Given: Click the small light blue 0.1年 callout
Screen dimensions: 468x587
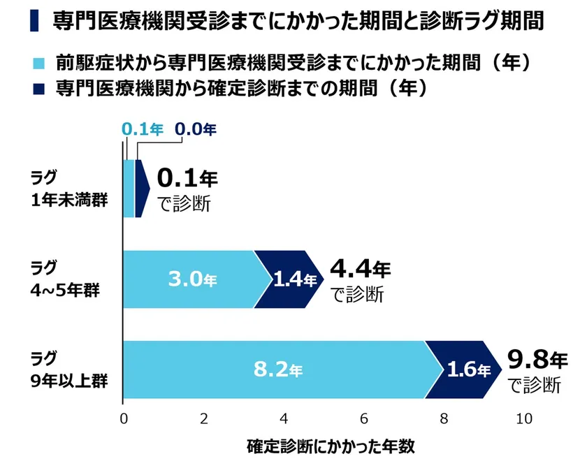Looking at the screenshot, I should [x=142, y=129].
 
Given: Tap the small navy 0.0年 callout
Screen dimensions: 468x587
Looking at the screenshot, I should [x=195, y=129].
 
